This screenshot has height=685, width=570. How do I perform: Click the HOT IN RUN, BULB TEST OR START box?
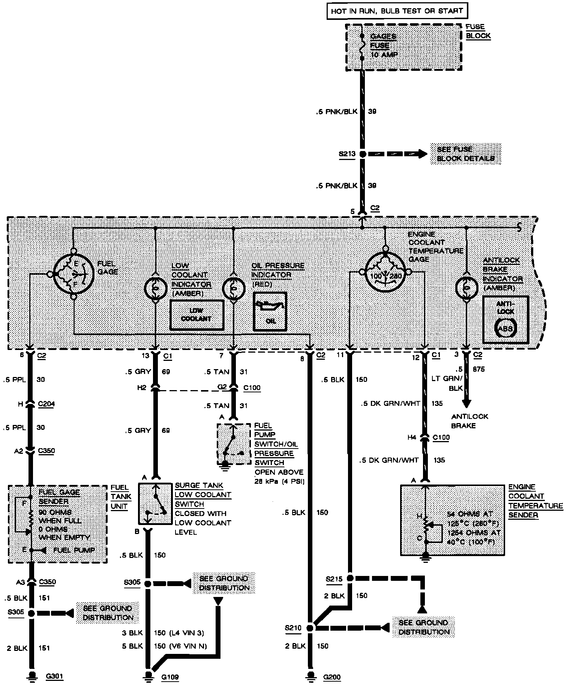[x=397, y=11]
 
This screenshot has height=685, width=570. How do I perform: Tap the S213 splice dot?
[x=362, y=154]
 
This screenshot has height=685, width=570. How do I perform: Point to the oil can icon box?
[x=270, y=312]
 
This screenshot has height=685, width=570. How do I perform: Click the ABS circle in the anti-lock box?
[x=505, y=328]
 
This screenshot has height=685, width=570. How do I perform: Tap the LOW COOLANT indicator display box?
[x=196, y=315]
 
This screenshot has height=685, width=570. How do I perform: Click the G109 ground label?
[x=170, y=677]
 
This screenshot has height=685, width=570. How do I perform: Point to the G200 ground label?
[x=331, y=677]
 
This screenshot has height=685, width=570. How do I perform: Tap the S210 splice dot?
[x=310, y=628]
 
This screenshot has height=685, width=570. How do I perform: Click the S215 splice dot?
[x=349, y=578]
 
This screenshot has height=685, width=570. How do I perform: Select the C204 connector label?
[x=46, y=404]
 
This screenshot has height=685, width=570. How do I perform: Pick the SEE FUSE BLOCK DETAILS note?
[x=465, y=154]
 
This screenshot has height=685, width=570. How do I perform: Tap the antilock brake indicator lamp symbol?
[x=466, y=287]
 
